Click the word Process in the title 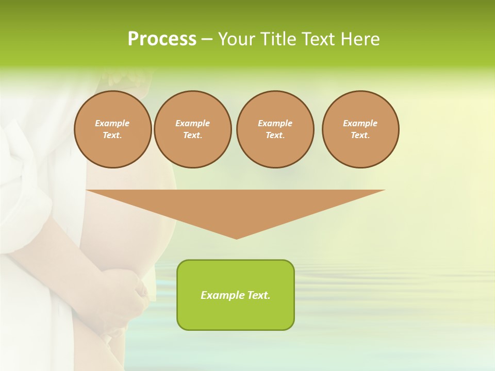pyautogui.click(x=162, y=39)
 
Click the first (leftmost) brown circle pyautogui.click(x=112, y=129)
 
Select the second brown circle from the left pyautogui.click(x=192, y=129)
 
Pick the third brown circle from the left pyautogui.click(x=275, y=129)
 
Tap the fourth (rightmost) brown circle pyautogui.click(x=360, y=129)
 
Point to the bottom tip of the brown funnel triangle pyautogui.click(x=236, y=238)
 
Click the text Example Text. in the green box pyautogui.click(x=236, y=295)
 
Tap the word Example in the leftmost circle pyautogui.click(x=112, y=123)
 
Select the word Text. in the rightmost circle pyautogui.click(x=360, y=136)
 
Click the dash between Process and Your pyautogui.click(x=207, y=40)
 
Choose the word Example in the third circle pyautogui.click(x=275, y=123)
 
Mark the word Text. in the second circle pyautogui.click(x=192, y=136)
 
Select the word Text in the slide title pyautogui.click(x=319, y=39)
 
